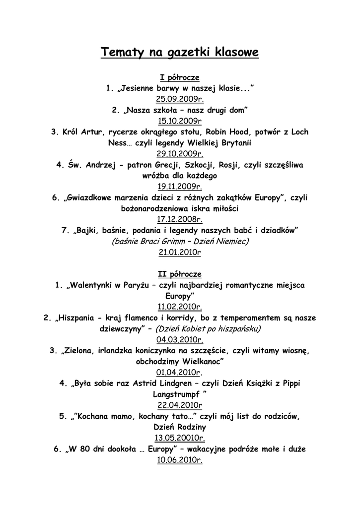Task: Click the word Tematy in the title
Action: (x=121, y=52)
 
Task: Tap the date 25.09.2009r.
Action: (x=180, y=99)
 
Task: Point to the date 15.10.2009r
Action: (x=180, y=121)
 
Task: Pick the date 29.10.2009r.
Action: (x=180, y=154)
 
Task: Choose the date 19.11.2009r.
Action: (x=180, y=187)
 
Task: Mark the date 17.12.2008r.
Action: (x=180, y=219)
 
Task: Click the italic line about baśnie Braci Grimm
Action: (x=180, y=241)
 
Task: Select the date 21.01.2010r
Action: (x=180, y=252)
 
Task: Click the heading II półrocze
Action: (x=180, y=274)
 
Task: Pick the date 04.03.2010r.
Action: (x=180, y=340)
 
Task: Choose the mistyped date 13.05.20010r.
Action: (x=180, y=438)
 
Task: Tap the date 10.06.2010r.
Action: (x=180, y=460)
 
